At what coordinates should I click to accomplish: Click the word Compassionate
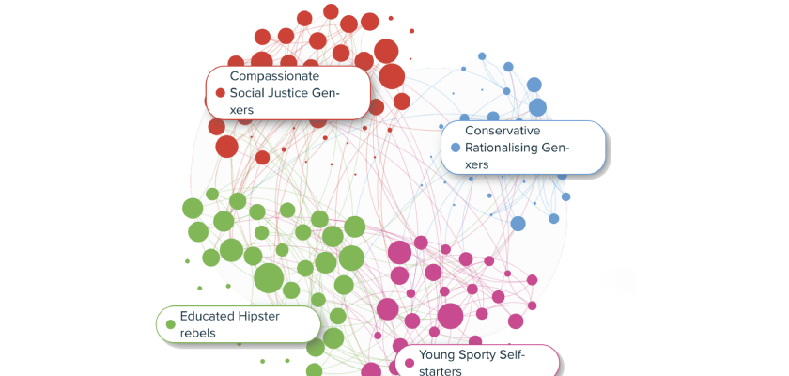[x=275, y=75]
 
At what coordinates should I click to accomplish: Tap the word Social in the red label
[x=249, y=93]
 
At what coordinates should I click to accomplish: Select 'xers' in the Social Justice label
[x=242, y=110]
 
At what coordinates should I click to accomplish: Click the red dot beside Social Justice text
[x=221, y=93]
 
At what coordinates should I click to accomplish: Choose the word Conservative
[x=503, y=130]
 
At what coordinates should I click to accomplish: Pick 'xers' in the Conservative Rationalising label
[x=477, y=164]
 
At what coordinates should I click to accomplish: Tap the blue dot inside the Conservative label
[x=456, y=148]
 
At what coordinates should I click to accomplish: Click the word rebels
[x=198, y=333]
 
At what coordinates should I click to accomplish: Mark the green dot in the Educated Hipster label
[x=170, y=324]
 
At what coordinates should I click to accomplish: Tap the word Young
[x=438, y=354]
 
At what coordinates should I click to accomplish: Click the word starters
[x=441, y=371]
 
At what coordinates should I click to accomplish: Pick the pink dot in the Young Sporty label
[x=409, y=363]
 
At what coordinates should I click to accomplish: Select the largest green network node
[x=269, y=278]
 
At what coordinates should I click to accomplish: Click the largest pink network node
[x=450, y=316]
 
